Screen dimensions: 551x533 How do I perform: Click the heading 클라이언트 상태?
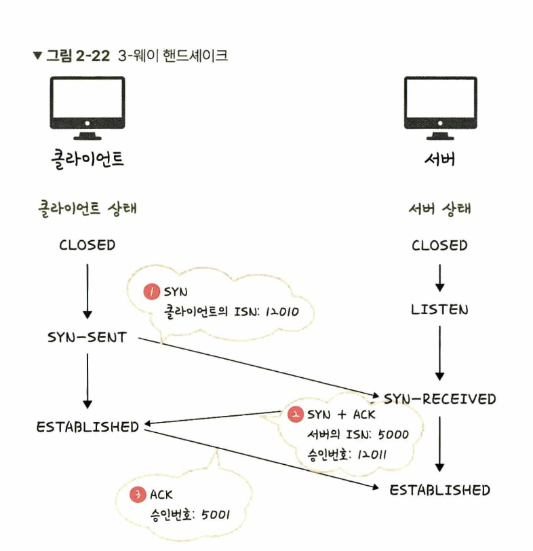click(x=87, y=208)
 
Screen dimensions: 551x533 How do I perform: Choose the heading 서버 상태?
click(x=439, y=208)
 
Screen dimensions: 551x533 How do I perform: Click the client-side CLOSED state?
click(x=87, y=245)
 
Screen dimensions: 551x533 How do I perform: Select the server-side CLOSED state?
click(x=439, y=245)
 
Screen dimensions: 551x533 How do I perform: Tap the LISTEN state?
click(x=439, y=310)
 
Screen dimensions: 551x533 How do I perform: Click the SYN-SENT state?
click(x=87, y=337)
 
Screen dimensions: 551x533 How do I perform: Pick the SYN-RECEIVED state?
click(x=440, y=398)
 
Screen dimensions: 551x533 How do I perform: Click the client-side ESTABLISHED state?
click(x=87, y=427)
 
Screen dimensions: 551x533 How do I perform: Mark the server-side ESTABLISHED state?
click(x=439, y=490)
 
